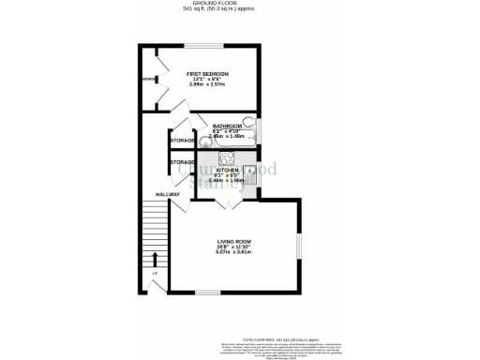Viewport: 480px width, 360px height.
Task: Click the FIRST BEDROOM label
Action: (207, 73)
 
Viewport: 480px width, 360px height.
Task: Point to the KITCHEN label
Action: (229, 170)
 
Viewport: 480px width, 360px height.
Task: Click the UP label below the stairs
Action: (155, 273)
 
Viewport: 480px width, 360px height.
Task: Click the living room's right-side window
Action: (299, 246)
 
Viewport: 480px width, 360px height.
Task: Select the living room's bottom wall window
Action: (233, 292)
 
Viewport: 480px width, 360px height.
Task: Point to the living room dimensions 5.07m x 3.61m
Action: (235, 253)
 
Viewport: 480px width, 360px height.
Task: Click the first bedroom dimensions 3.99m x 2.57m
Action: (207, 85)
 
